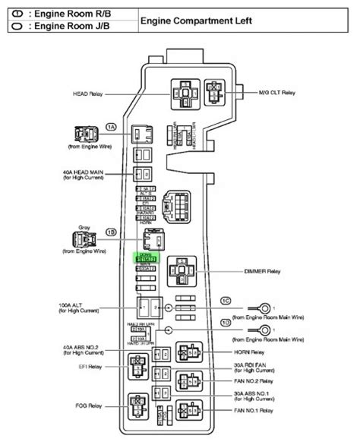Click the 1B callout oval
point(111,232)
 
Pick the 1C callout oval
point(226,301)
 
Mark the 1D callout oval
point(226,323)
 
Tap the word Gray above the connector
point(84,226)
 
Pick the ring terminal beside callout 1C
point(265,308)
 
